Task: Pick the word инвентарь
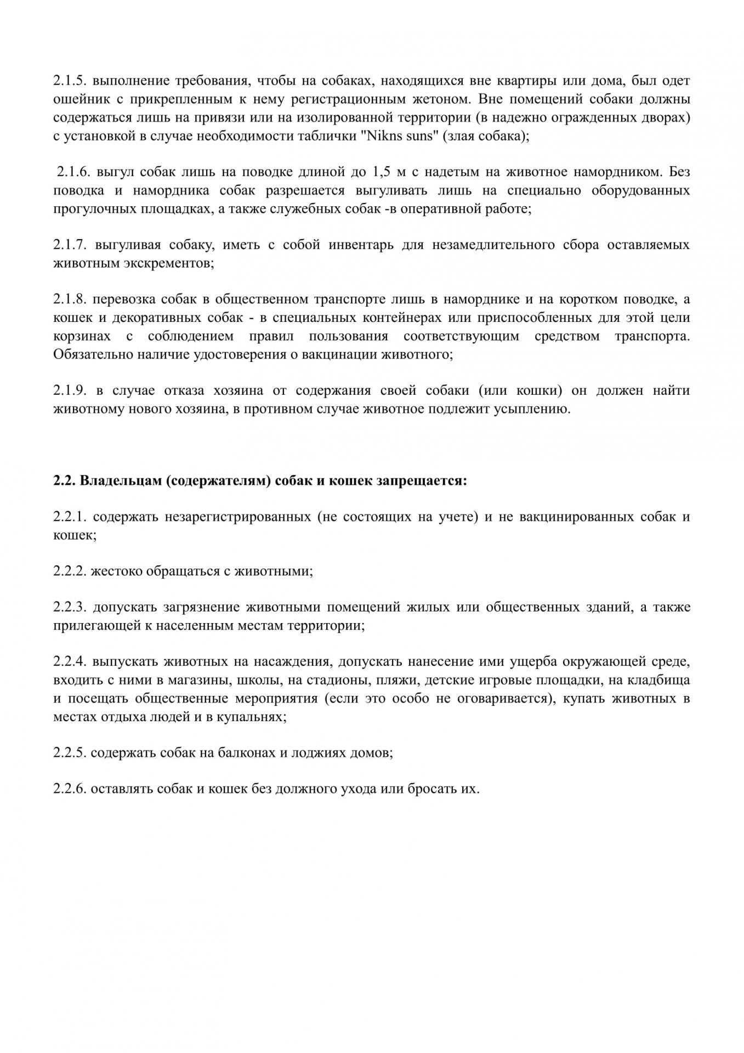pyautogui.click(x=361, y=245)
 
